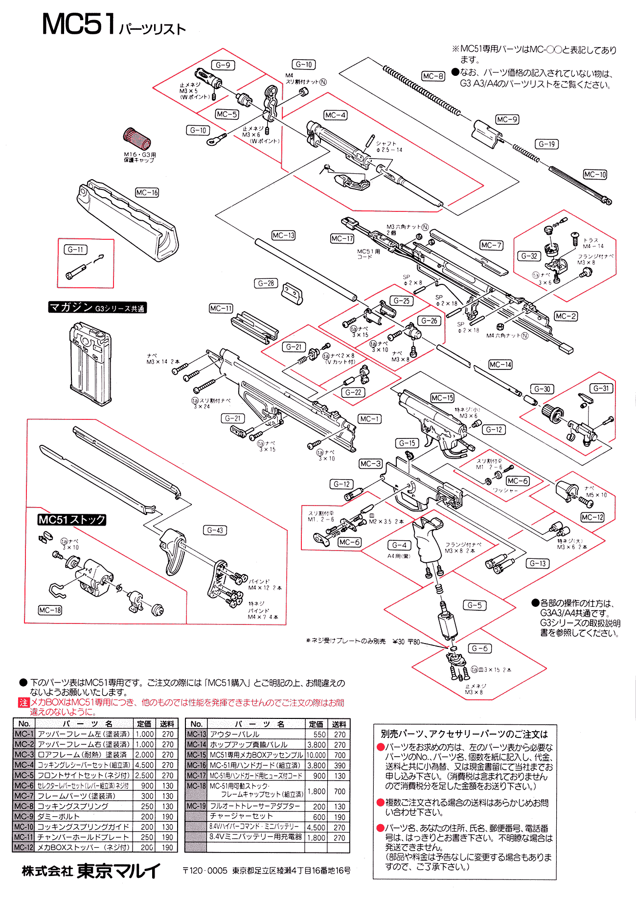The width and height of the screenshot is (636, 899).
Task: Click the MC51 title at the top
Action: (x=78, y=24)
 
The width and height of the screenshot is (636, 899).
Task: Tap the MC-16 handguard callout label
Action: (x=147, y=193)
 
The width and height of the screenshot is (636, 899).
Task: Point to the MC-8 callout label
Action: (x=433, y=76)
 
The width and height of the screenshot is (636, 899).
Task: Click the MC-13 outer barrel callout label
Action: (x=284, y=235)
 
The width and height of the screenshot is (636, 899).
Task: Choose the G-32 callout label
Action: (x=529, y=256)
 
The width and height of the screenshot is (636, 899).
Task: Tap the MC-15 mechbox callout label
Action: (x=442, y=398)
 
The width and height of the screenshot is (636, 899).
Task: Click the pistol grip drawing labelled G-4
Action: (x=429, y=541)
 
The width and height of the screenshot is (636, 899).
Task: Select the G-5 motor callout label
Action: (x=474, y=605)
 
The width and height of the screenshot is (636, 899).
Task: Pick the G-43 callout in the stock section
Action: (x=215, y=530)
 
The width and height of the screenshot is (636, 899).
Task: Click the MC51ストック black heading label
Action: (x=72, y=520)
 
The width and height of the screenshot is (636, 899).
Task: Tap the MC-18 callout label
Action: (x=50, y=610)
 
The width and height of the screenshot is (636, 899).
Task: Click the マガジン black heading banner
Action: (x=97, y=307)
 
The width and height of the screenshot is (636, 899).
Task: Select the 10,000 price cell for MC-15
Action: (x=316, y=755)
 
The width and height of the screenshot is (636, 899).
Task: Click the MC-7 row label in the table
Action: (x=23, y=796)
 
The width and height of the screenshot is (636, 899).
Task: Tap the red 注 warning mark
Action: (x=23, y=703)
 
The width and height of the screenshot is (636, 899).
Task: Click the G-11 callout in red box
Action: (x=76, y=250)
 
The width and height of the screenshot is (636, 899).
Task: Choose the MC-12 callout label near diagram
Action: (x=592, y=517)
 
